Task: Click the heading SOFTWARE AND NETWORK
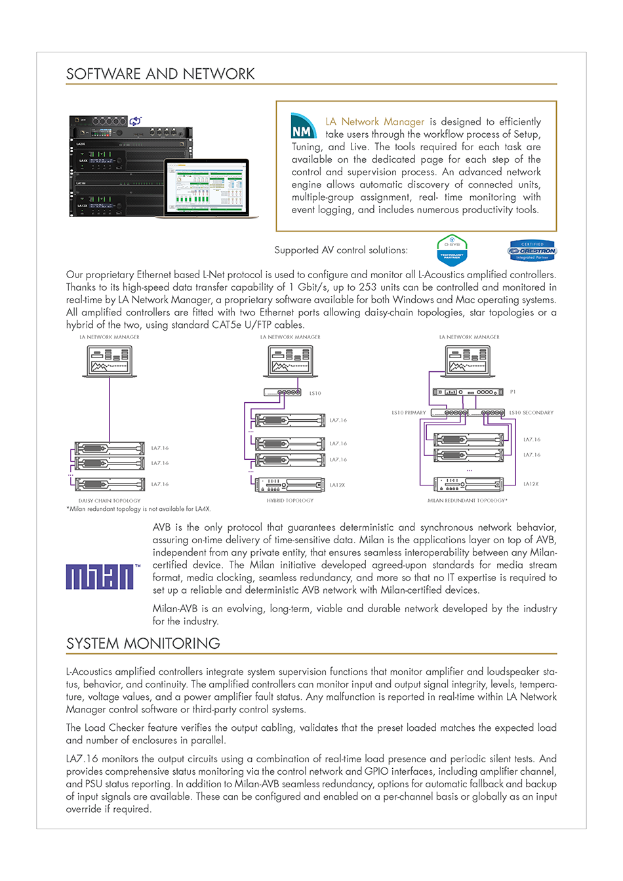pyautogui.click(x=161, y=74)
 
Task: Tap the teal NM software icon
pyautogui.click(x=303, y=127)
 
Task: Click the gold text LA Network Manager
pyautogui.click(x=375, y=122)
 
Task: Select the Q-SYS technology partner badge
pyautogui.click(x=452, y=250)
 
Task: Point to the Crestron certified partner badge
pyautogui.click(x=532, y=251)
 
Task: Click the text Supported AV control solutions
pyautogui.click(x=340, y=250)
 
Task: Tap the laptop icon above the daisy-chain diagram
pyautogui.click(x=110, y=360)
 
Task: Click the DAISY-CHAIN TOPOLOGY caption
pyautogui.click(x=110, y=501)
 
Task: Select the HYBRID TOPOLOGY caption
pyautogui.click(x=290, y=501)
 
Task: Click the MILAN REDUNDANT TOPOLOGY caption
pyautogui.click(x=468, y=501)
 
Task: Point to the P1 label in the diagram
pyautogui.click(x=513, y=392)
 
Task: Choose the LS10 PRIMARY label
pyautogui.click(x=409, y=413)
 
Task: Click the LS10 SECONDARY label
pyautogui.click(x=531, y=413)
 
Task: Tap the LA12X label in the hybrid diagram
pyautogui.click(x=337, y=485)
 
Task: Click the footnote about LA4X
pyautogui.click(x=138, y=509)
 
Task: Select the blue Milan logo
pyautogui.click(x=100, y=577)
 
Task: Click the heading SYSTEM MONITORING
pyautogui.click(x=143, y=644)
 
